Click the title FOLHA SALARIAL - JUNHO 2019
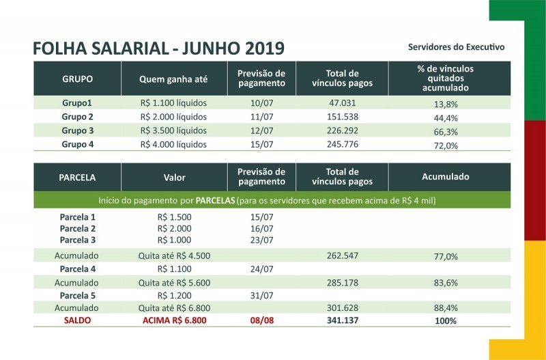click(158, 49)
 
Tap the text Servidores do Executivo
click(456, 47)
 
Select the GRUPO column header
click(77, 79)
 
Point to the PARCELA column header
click(77, 177)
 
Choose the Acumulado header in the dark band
click(446, 177)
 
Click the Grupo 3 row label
click(77, 130)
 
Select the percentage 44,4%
click(446, 117)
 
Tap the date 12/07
click(261, 130)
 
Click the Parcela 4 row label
click(77, 269)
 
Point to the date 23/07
click(261, 240)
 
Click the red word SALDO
click(77, 320)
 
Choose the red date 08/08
click(261, 320)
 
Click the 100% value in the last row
click(446, 320)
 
